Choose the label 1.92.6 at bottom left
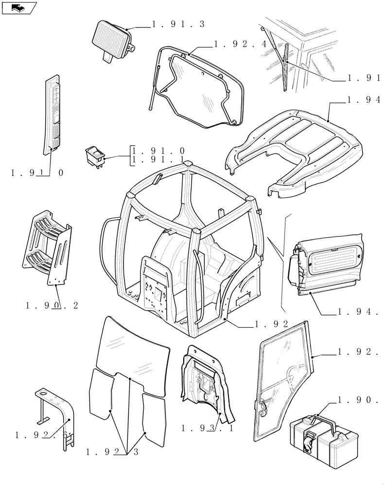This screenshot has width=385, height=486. point(44,435)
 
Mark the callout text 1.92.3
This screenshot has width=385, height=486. point(112,452)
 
